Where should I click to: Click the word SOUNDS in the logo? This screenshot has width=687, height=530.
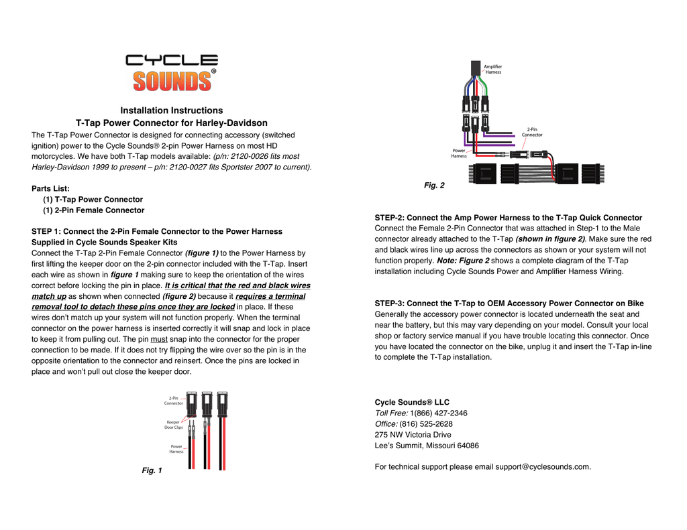171,80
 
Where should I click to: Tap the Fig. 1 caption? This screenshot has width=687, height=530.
152,471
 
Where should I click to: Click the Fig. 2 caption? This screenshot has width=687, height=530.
434,185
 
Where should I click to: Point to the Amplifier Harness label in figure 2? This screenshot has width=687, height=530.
493,69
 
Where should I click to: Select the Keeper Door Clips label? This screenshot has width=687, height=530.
174,425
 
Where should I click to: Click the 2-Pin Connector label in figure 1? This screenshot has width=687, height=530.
173,401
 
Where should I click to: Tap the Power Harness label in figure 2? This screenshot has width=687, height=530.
459,153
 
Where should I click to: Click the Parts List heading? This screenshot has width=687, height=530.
51,188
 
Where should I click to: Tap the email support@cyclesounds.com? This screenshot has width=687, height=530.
543,466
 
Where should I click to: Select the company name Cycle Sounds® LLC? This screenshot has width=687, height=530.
412,402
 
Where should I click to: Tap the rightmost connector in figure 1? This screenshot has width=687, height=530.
221,405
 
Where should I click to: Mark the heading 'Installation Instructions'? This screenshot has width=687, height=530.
171,110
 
